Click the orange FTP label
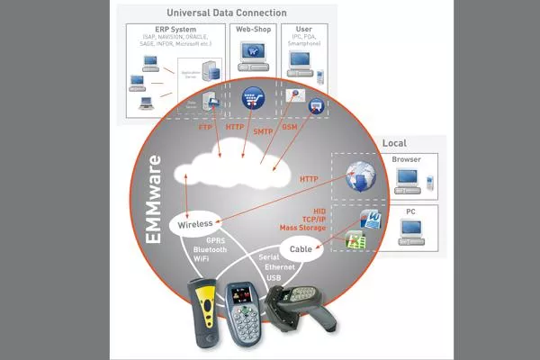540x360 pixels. click(x=206, y=127)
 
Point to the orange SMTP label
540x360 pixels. click(x=262, y=132)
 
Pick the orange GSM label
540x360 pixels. click(x=290, y=127)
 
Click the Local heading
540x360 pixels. click(x=394, y=142)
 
